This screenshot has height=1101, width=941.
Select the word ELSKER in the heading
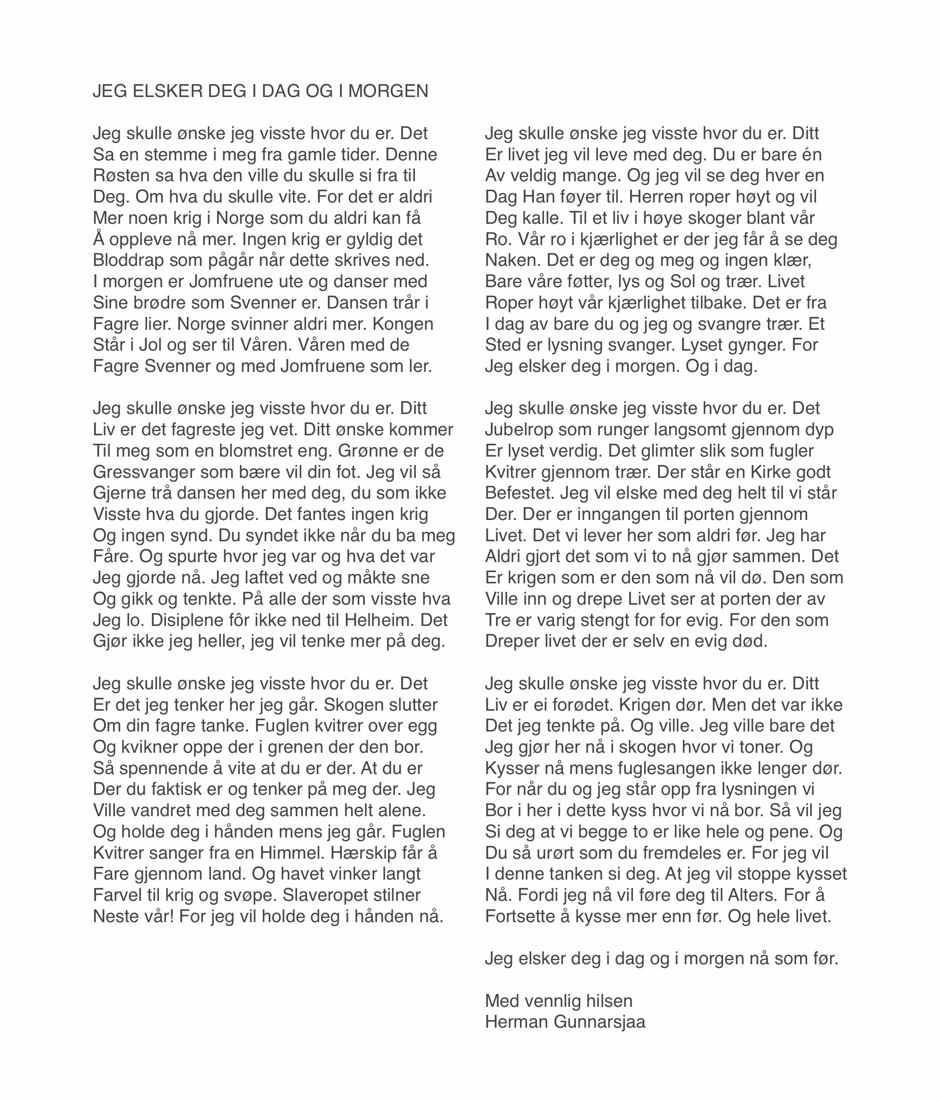pos(167,91)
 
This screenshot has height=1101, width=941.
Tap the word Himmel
pos(289,853)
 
